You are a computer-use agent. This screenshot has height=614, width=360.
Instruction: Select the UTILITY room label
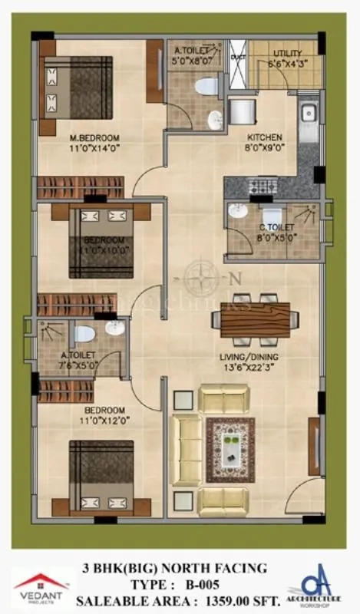tap(286, 53)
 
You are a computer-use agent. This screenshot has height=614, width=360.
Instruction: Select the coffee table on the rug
tap(230, 449)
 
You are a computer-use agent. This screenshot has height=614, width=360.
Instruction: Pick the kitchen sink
tap(309, 113)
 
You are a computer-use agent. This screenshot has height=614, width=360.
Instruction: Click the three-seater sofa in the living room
tap(185, 450)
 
